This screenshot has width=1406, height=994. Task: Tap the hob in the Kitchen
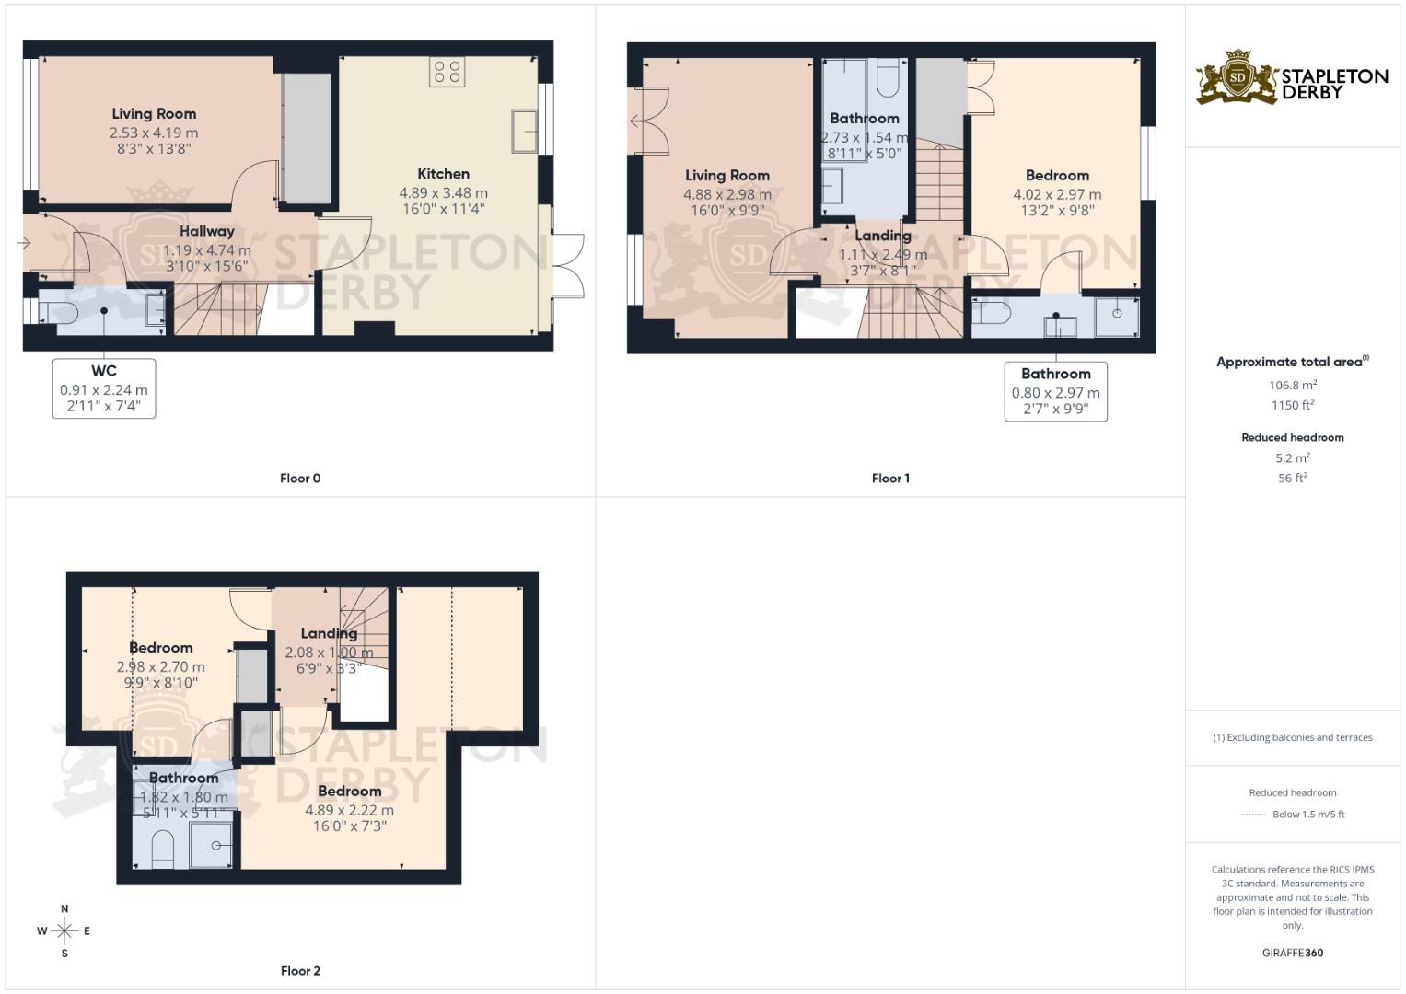point(447,72)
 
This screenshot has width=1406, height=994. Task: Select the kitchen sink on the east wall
point(524,130)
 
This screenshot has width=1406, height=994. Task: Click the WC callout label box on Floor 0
point(104,388)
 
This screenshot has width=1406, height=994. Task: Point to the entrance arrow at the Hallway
point(23,243)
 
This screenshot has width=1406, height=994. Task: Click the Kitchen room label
point(443,174)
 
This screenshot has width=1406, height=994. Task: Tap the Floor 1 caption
point(889,478)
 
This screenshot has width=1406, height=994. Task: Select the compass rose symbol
point(64,931)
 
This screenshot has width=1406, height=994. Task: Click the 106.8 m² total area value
point(1292,386)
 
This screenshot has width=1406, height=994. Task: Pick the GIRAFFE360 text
point(1292,953)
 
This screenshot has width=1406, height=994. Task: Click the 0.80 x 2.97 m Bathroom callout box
point(1055,391)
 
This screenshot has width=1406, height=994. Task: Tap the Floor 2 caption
point(300,970)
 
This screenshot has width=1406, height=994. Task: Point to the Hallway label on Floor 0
point(206,231)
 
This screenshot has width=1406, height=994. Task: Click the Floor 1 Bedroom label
point(1057,175)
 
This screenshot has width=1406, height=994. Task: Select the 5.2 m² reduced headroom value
point(1292,457)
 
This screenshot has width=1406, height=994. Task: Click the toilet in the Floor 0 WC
point(60,312)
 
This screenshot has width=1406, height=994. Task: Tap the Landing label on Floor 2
point(329,633)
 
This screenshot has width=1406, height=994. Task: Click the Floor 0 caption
point(300,478)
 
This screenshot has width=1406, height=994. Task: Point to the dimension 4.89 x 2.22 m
point(349,810)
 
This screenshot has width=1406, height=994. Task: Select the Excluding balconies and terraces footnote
point(1292,737)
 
